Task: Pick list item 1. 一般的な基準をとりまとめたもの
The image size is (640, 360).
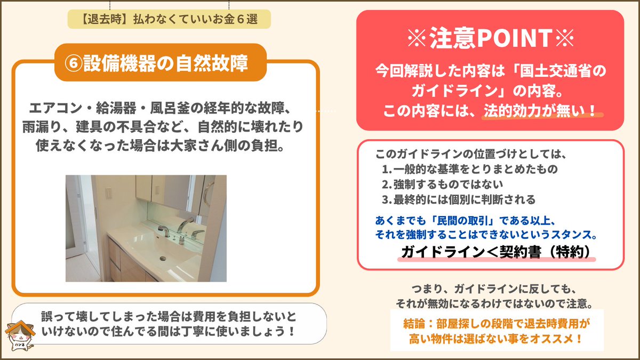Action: pos(470,169)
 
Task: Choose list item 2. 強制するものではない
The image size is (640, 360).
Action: pos(442,185)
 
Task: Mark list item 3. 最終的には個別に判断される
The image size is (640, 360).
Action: pos(458,199)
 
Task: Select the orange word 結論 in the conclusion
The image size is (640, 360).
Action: pos(415,324)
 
